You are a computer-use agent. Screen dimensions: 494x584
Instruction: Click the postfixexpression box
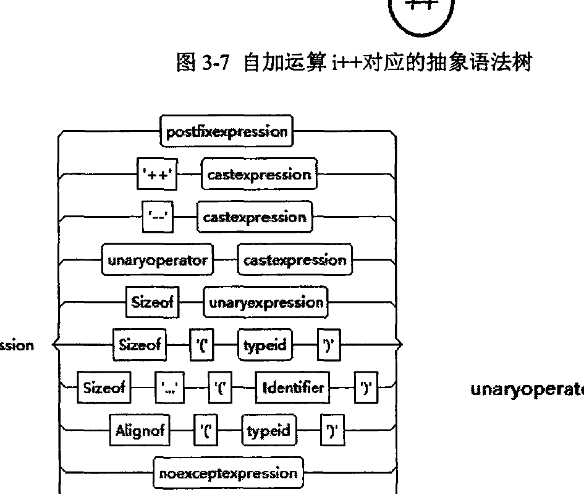coord(227,132)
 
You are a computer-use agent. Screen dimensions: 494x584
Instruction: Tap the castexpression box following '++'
coord(259,175)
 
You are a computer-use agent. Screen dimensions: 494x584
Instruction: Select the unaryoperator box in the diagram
coord(157,261)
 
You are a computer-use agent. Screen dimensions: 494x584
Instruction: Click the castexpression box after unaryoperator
coord(294,261)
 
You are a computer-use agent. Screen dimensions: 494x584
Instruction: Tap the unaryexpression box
coord(266,303)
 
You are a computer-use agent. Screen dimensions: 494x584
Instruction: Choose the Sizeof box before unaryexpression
coord(146,303)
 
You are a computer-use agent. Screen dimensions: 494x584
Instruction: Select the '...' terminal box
coord(167,388)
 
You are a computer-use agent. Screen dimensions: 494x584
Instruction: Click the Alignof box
coord(140,431)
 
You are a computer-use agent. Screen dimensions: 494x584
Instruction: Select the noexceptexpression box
coord(227,474)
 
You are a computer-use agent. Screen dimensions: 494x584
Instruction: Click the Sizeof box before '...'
coord(104,388)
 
